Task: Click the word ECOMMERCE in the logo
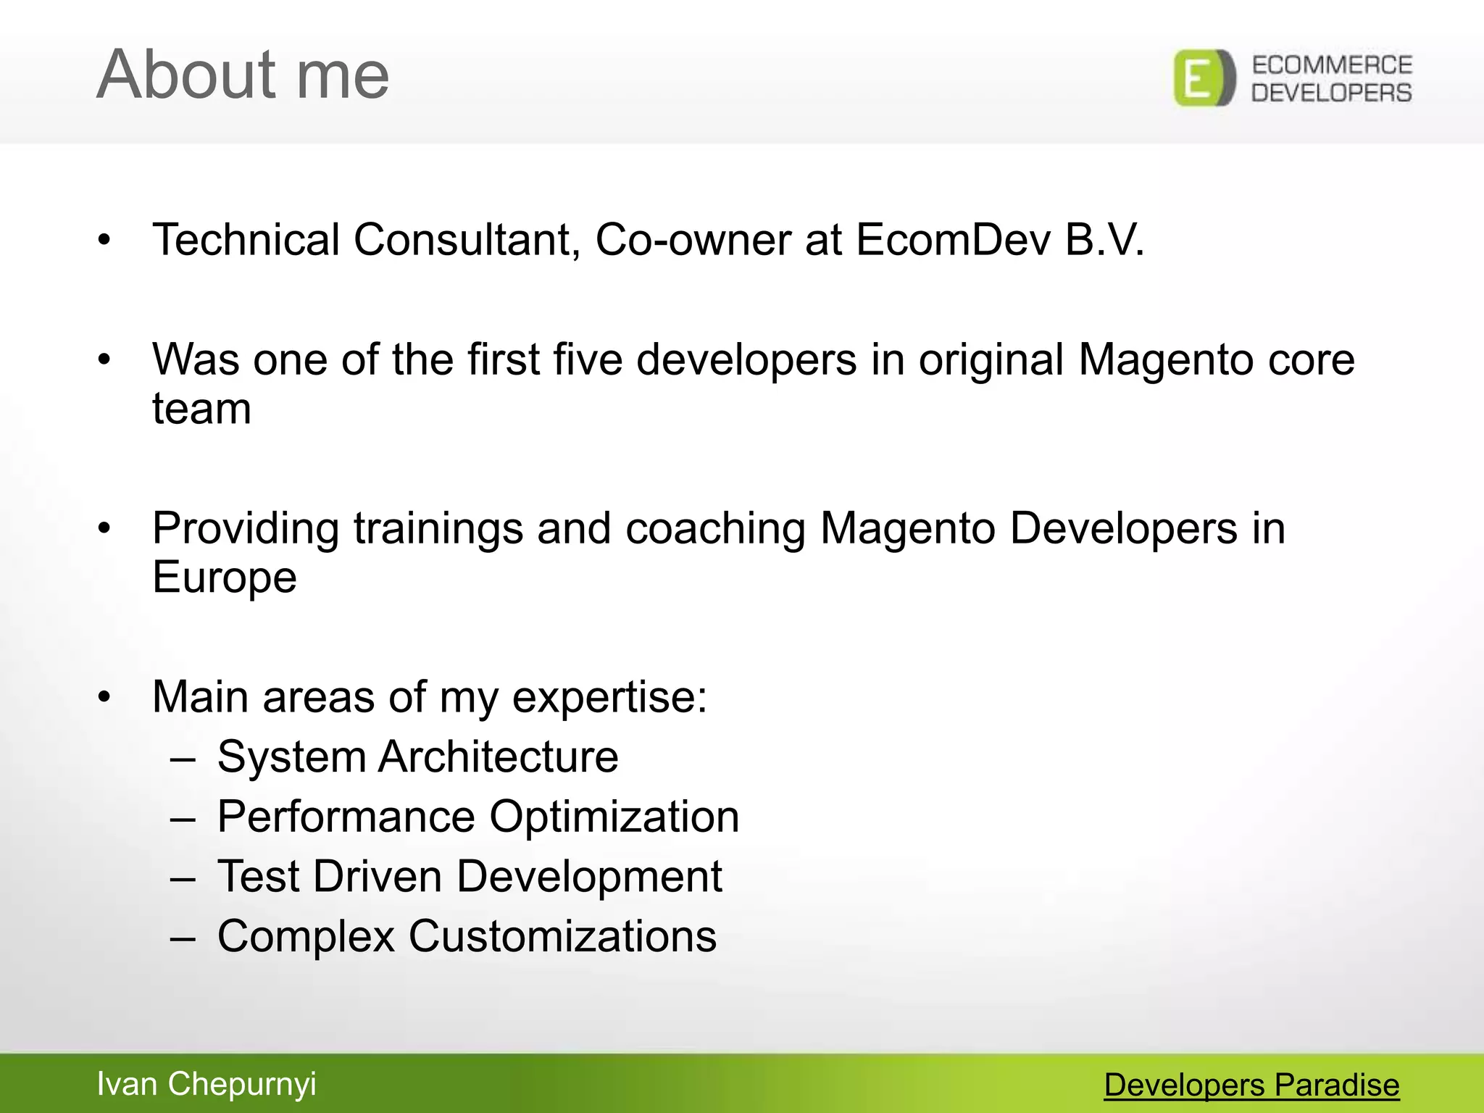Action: (1332, 65)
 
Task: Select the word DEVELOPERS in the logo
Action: (1332, 93)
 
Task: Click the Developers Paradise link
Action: (1251, 1085)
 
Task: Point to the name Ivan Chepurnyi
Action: (207, 1084)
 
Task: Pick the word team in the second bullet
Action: (201, 409)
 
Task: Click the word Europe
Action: (225, 578)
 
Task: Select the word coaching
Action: (715, 528)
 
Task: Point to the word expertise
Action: (609, 698)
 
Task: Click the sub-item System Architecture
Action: (417, 757)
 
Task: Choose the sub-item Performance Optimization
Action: (478, 817)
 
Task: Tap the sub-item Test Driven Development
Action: (470, 877)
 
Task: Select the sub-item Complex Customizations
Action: (467, 936)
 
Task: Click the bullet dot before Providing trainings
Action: (105, 528)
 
